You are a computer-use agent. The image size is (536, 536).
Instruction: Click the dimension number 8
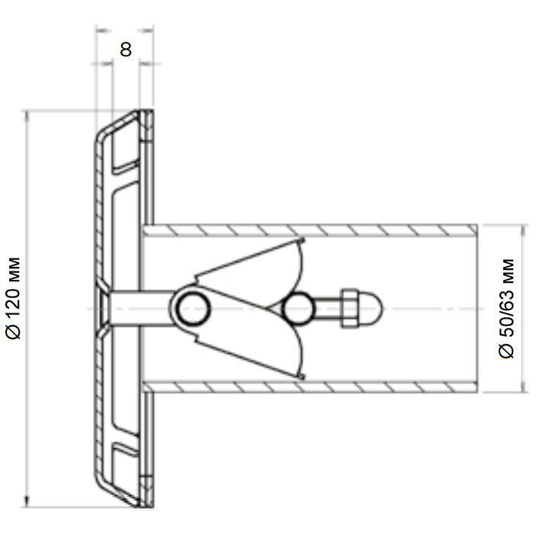click(x=126, y=50)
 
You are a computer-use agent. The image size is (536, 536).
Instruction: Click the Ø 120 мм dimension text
click(x=14, y=298)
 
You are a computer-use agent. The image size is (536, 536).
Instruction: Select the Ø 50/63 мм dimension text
click(x=506, y=309)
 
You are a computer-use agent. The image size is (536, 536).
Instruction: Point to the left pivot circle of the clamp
click(x=193, y=309)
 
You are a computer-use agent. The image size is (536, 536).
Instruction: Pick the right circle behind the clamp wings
click(x=297, y=309)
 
